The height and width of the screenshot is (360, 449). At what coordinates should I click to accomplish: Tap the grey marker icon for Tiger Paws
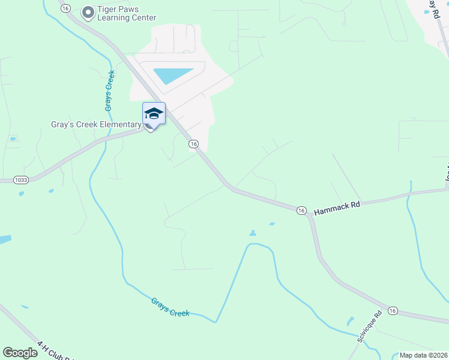coord(88,12)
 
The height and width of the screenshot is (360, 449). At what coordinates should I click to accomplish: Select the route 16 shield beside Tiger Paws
coord(66,8)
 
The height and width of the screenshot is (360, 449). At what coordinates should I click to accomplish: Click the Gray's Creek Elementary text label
coord(96,125)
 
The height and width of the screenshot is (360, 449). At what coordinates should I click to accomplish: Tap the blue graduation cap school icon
coord(154,113)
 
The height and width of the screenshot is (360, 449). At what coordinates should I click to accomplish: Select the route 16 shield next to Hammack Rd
coord(301,210)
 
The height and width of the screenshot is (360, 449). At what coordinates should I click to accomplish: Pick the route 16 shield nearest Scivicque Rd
coord(393,310)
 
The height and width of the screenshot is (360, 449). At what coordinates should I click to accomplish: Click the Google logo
coord(20,353)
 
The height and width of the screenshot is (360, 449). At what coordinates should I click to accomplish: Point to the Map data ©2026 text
coord(423,355)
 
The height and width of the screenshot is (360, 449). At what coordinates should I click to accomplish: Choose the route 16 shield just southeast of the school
coord(193,144)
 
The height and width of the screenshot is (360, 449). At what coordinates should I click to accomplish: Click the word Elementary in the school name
coord(118,125)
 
